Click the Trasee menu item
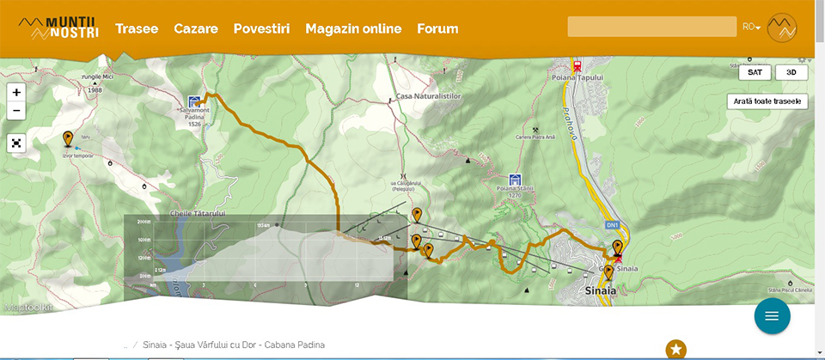pyautogui.click(x=137, y=28)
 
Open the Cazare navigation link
pyautogui.click(x=195, y=28)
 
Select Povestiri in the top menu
pyautogui.click(x=261, y=28)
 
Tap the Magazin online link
pyautogui.click(x=353, y=28)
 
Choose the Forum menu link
pyautogui.click(x=437, y=28)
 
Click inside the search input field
pyautogui.click(x=651, y=27)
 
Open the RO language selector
pyautogui.click(x=751, y=27)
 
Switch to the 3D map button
pyautogui.click(x=791, y=73)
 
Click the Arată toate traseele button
pyautogui.click(x=767, y=101)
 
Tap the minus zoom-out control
pyautogui.click(x=17, y=112)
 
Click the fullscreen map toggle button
pyautogui.click(x=17, y=143)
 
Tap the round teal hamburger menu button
pyautogui.click(x=772, y=316)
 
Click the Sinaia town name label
pyautogui.click(x=601, y=290)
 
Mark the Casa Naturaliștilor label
pyautogui.click(x=429, y=96)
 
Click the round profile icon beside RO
pyautogui.click(x=781, y=27)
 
